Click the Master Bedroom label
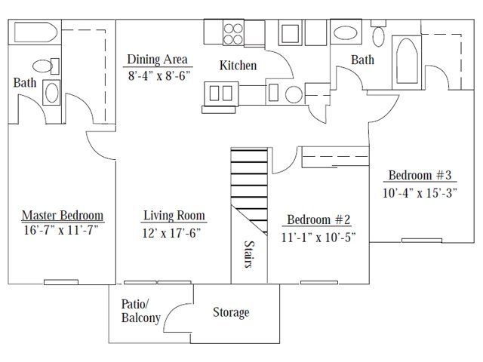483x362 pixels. pos(62,215)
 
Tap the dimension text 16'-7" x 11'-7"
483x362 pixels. pos(62,229)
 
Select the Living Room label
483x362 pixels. pos(174,216)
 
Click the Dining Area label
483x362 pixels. pos(157,60)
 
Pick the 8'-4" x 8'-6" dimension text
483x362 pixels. pos(157,75)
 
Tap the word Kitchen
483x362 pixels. pos(238,66)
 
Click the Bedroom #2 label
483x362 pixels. pos(318,220)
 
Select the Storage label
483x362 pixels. pos(231,312)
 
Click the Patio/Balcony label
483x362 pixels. pos(141,311)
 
